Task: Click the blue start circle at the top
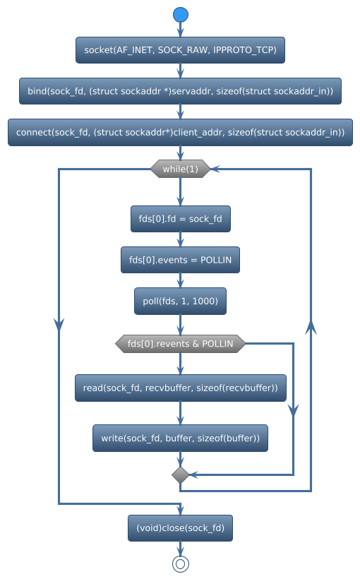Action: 181,15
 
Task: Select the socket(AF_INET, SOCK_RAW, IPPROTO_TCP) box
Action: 181,50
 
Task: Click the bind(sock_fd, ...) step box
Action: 181,91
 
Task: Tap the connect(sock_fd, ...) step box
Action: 181,133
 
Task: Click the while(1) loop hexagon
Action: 181,169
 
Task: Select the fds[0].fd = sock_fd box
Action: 181,219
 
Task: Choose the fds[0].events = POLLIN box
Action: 181,260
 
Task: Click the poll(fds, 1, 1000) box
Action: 181,301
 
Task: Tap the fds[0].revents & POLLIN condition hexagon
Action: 181,344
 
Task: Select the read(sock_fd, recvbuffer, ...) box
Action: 181,388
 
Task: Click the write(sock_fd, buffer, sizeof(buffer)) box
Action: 181,438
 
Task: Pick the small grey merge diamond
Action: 181,475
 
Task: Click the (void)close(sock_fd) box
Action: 181,527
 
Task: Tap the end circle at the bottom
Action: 181,563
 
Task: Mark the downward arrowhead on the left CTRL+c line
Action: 59,323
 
